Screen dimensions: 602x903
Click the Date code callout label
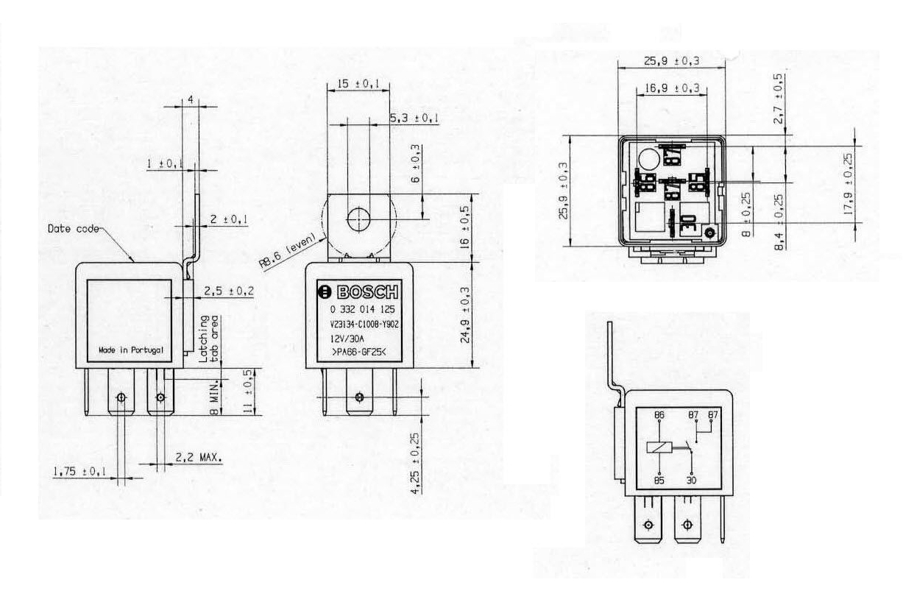click(72, 229)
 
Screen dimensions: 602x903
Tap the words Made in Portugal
click(131, 350)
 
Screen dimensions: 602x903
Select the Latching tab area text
click(210, 339)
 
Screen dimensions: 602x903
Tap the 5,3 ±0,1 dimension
click(414, 118)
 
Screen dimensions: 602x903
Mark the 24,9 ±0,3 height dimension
click(465, 314)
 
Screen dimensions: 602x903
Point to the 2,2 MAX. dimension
click(199, 457)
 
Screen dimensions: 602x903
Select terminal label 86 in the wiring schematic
click(659, 416)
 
